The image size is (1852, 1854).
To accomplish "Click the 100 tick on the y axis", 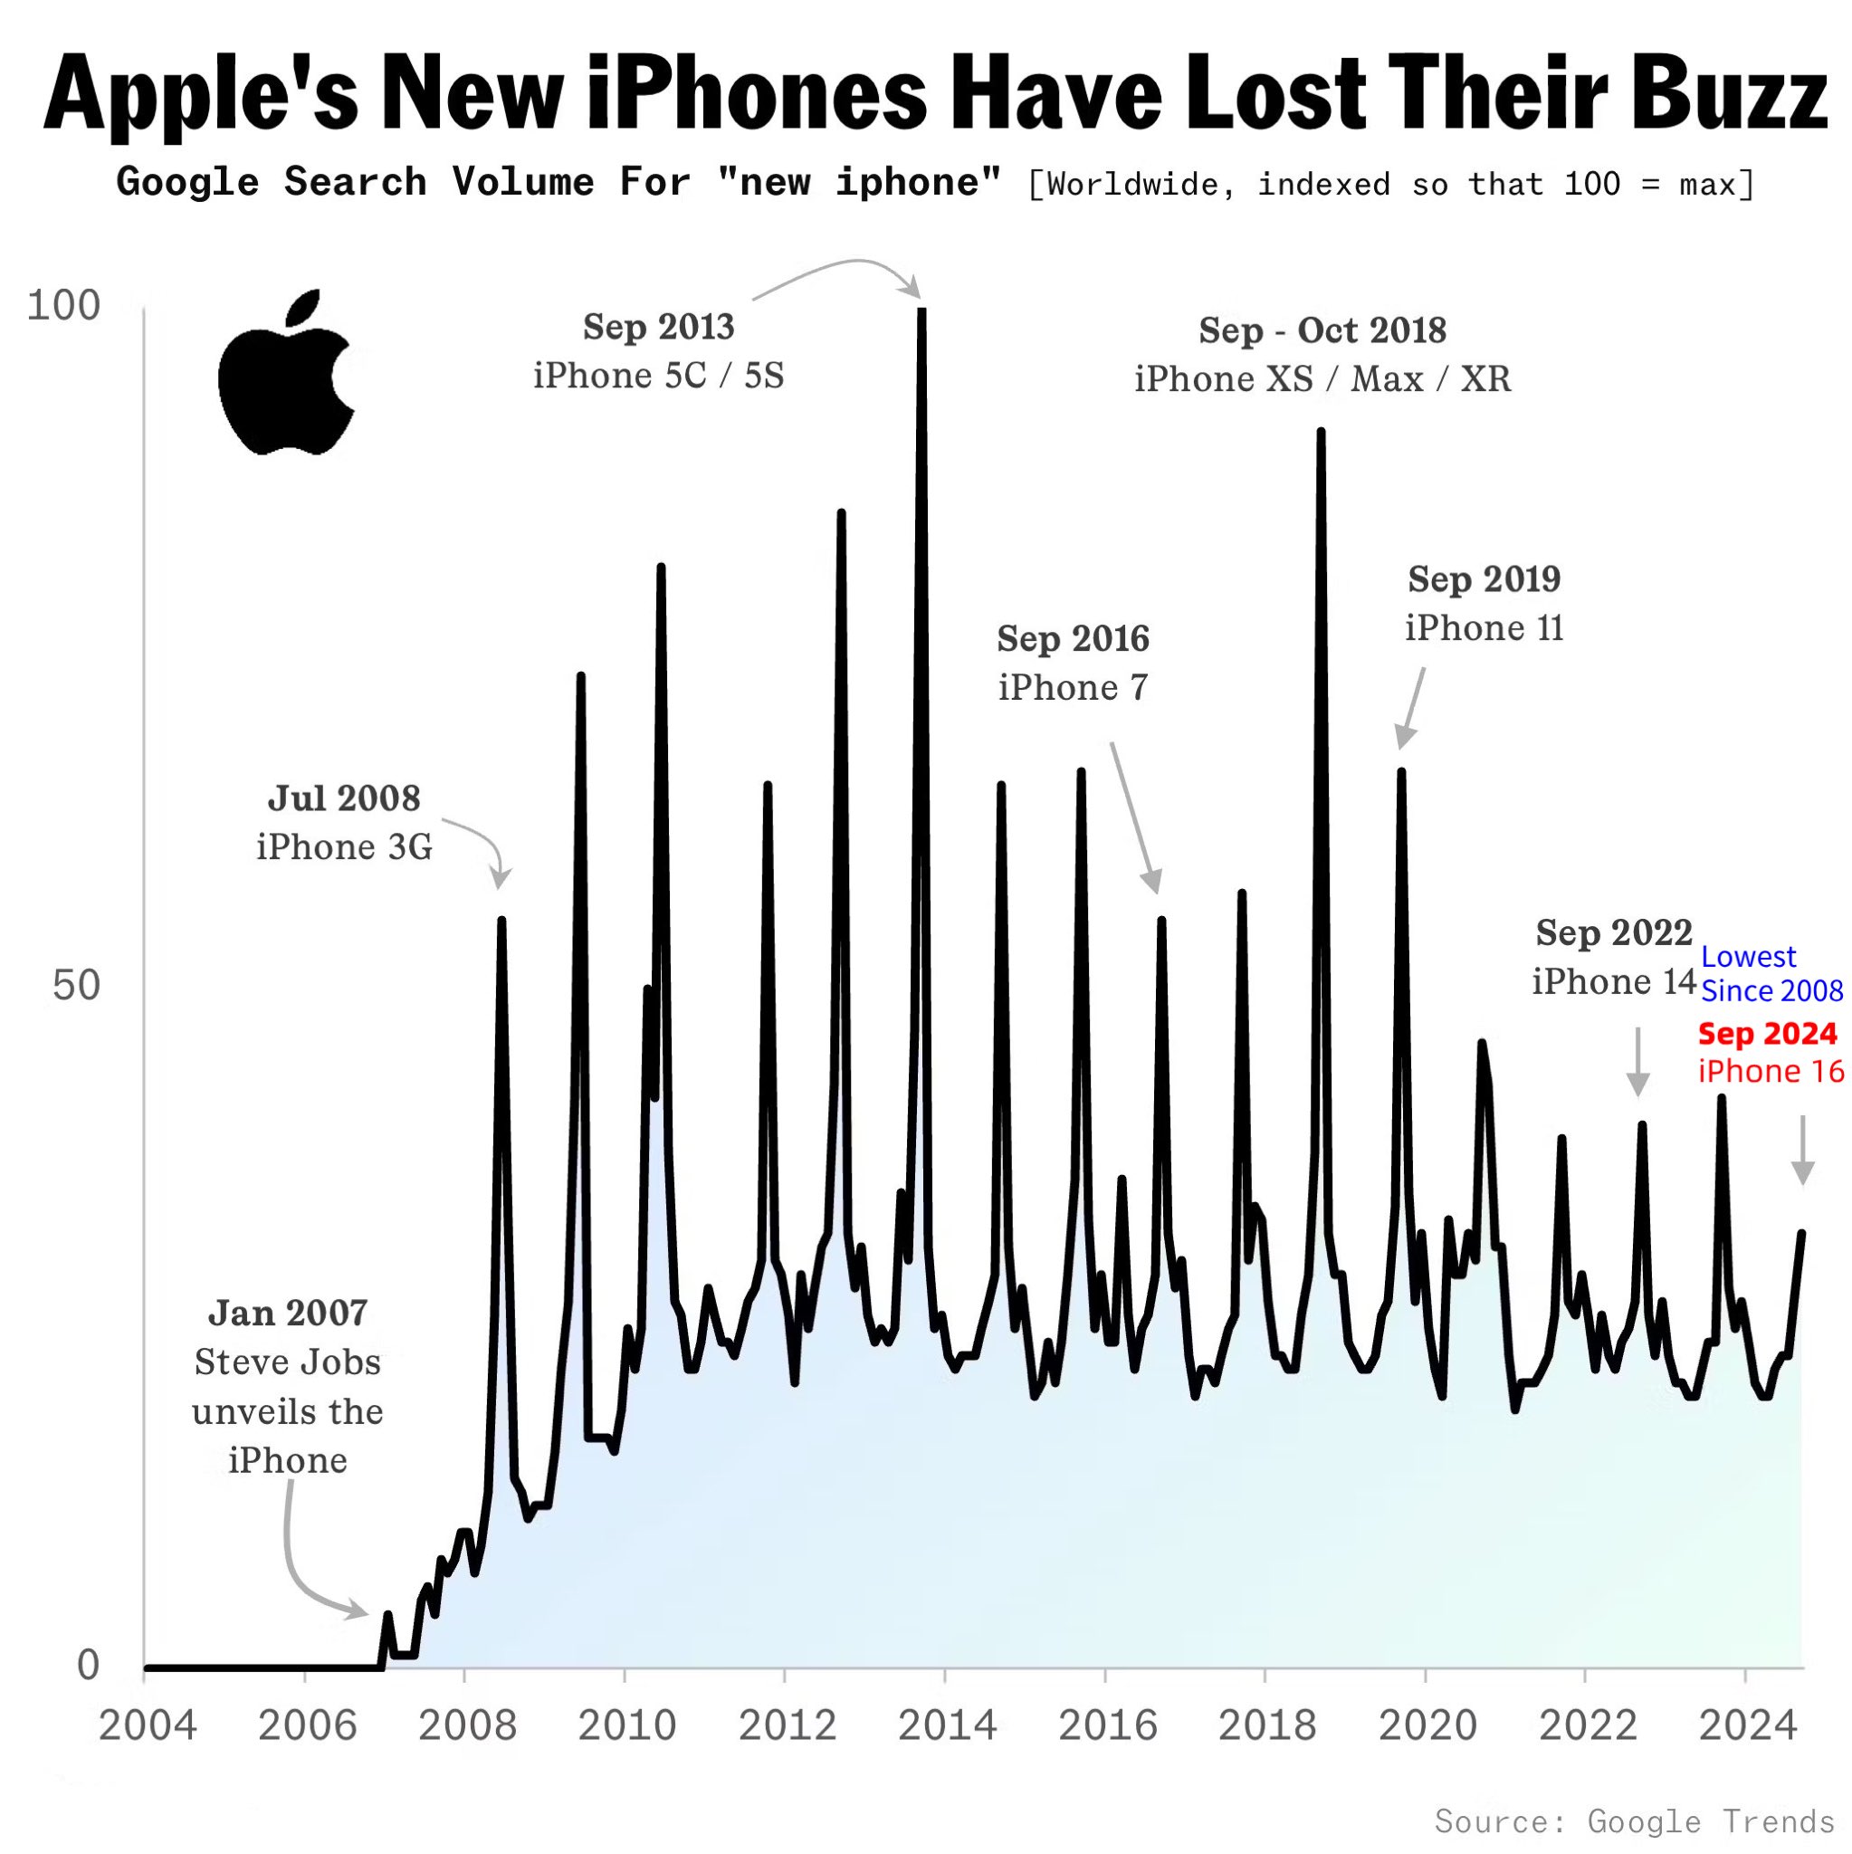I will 63,306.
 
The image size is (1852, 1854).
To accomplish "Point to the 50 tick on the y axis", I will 76,986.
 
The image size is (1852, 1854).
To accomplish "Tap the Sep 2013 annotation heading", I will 658,327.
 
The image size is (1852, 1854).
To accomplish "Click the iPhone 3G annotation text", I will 344,847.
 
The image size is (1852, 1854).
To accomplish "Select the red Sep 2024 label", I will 1768,1034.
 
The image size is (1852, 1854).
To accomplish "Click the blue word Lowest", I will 1749,957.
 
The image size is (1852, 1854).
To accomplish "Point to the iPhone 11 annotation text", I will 1484,628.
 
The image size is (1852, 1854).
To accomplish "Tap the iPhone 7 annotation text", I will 1073,688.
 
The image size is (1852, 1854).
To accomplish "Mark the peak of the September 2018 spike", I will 1321,432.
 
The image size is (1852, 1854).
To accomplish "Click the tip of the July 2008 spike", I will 501,921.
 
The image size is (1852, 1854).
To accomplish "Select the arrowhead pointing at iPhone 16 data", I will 1803,1172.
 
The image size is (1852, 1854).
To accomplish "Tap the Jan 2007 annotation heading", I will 287,1313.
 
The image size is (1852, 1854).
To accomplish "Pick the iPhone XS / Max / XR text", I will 1322,379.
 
